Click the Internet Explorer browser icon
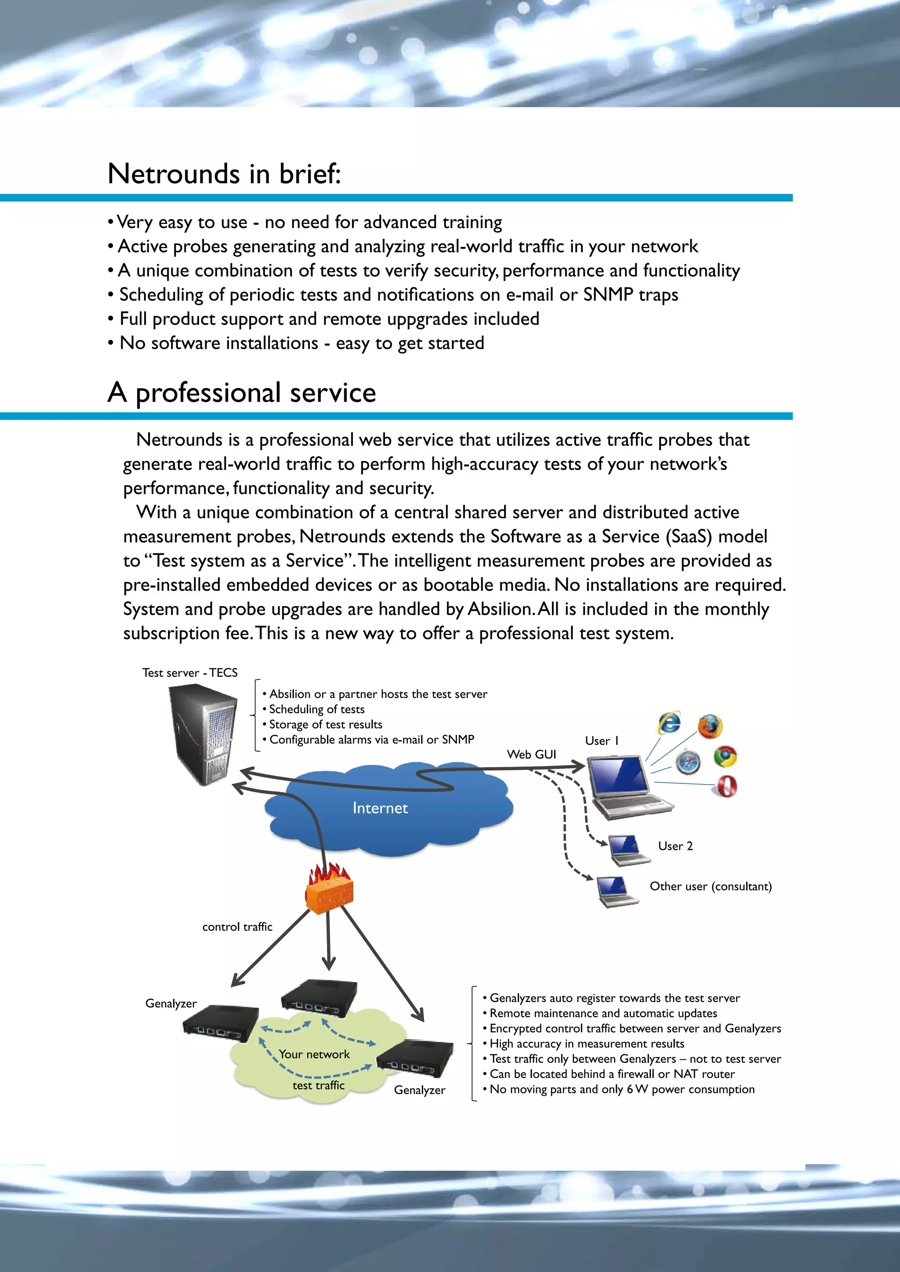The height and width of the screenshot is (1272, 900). (669, 723)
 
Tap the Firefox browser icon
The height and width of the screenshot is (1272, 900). (710, 726)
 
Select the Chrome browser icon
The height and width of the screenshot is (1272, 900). (725, 757)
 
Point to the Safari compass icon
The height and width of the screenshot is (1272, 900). (688, 761)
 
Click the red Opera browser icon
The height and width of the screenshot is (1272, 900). (726, 786)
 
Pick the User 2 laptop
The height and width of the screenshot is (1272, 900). (628, 850)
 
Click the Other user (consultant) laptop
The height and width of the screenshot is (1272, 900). (617, 891)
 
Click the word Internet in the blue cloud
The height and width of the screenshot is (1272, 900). (380, 808)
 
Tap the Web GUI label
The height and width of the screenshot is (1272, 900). (531, 755)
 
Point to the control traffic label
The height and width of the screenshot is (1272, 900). (237, 927)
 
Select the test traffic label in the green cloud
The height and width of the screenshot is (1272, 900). (319, 1085)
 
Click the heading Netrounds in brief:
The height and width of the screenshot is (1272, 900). (224, 174)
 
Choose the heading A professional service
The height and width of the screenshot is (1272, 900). (242, 392)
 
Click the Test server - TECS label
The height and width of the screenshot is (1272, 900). (189, 672)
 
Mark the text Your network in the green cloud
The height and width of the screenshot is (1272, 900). (314, 1054)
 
